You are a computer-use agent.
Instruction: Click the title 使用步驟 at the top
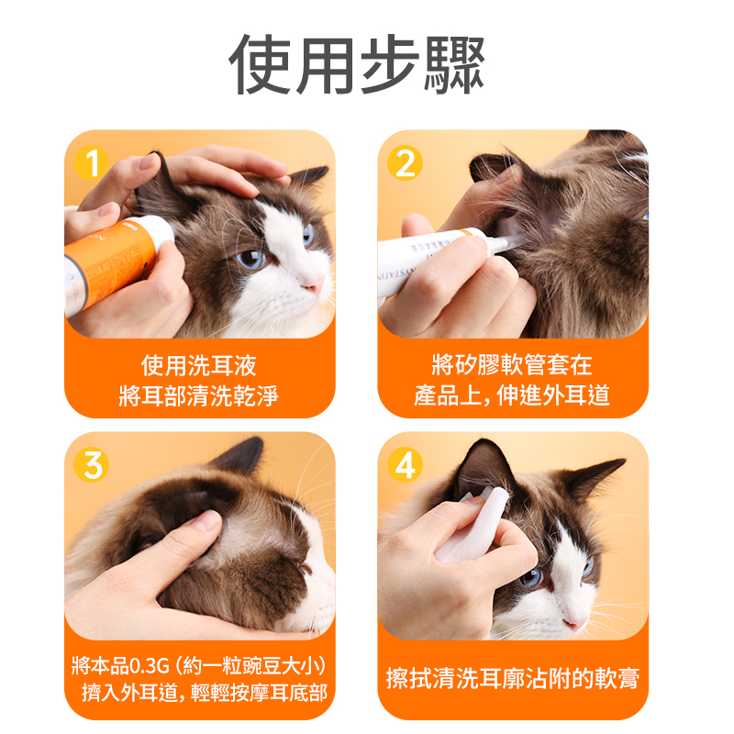[x=357, y=64]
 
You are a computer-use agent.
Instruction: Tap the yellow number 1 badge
[x=91, y=163]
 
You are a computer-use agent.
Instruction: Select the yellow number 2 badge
[x=405, y=163]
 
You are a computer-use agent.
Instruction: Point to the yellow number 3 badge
[x=91, y=465]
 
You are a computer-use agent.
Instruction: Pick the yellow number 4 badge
[x=405, y=465]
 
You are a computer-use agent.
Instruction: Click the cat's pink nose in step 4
[x=575, y=623]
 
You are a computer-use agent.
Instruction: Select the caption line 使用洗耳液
[x=199, y=365]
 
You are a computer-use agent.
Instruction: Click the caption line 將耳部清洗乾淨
[x=199, y=396]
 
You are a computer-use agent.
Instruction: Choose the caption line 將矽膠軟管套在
[x=512, y=364]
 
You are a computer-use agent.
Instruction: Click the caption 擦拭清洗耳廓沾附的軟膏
[x=513, y=678]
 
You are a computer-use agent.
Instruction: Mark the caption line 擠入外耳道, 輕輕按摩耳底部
[x=205, y=693]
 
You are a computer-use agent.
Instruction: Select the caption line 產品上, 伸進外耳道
[x=512, y=395]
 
